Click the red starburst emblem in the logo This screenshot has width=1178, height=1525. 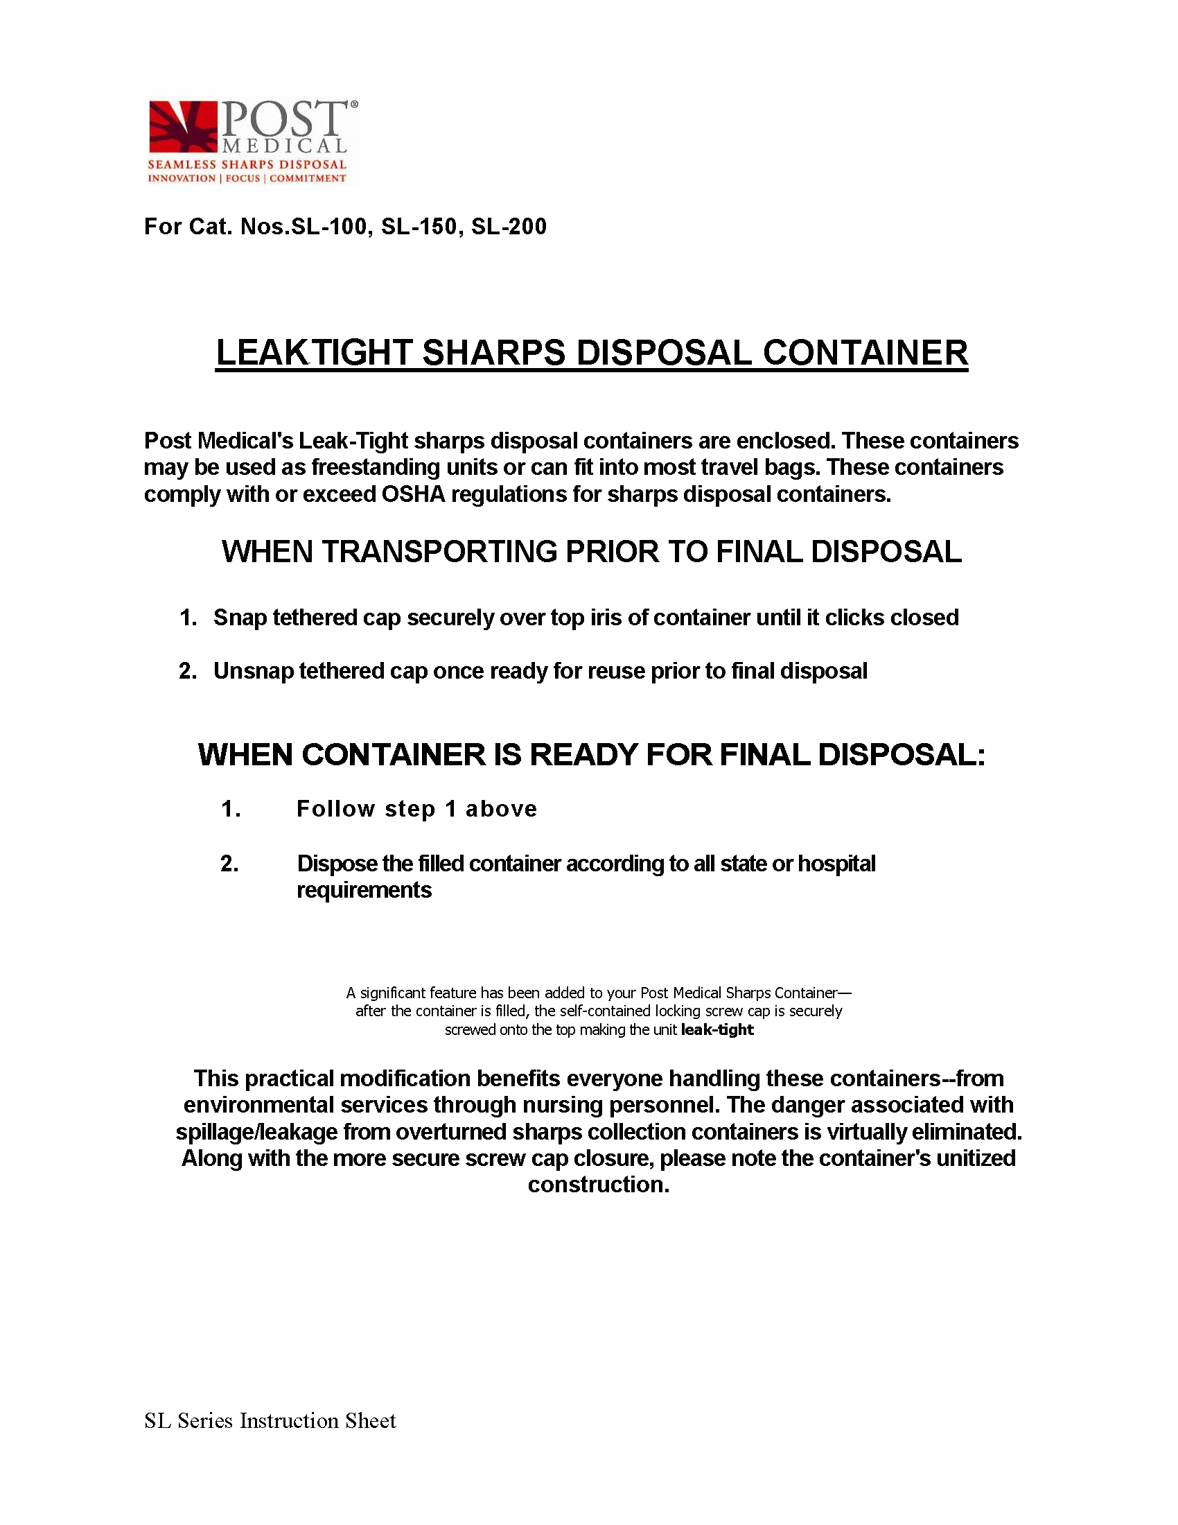pyautogui.click(x=183, y=126)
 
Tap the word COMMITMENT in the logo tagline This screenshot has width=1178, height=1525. pyautogui.click(x=308, y=179)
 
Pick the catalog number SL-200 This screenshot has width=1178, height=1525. pyautogui.click(x=509, y=227)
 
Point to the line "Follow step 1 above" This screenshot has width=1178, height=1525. pyautogui.click(x=416, y=808)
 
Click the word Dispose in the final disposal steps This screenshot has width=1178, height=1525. pyautogui.click(x=337, y=864)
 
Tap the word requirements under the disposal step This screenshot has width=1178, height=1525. pyautogui.click(x=364, y=890)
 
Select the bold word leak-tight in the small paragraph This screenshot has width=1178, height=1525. pyautogui.click(x=717, y=1030)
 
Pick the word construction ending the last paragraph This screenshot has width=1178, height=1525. pyautogui.click(x=597, y=1185)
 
